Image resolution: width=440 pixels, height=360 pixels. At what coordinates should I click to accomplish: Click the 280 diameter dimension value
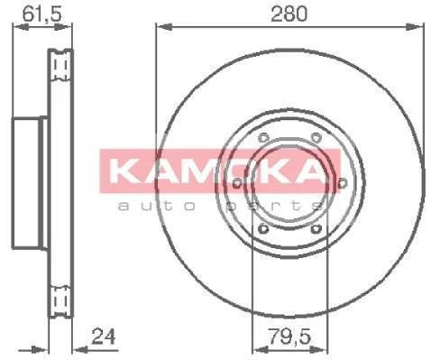(x=289, y=14)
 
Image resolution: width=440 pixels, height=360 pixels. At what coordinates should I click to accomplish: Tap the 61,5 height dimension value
(x=42, y=14)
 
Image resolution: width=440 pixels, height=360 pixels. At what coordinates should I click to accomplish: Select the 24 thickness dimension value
(x=104, y=337)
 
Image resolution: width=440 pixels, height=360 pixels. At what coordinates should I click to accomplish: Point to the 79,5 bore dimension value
(x=289, y=337)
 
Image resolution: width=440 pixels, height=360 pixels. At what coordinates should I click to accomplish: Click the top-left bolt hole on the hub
(x=263, y=138)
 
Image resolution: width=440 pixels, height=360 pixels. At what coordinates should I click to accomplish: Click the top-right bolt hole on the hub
(x=316, y=138)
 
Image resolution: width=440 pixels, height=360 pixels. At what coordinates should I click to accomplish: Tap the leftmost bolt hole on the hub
(x=237, y=183)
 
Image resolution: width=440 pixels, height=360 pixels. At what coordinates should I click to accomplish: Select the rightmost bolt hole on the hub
(x=342, y=183)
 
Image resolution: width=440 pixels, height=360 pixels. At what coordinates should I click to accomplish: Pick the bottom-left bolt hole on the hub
(x=263, y=229)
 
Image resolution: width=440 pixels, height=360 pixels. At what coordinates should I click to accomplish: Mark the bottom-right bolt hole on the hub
(x=316, y=229)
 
